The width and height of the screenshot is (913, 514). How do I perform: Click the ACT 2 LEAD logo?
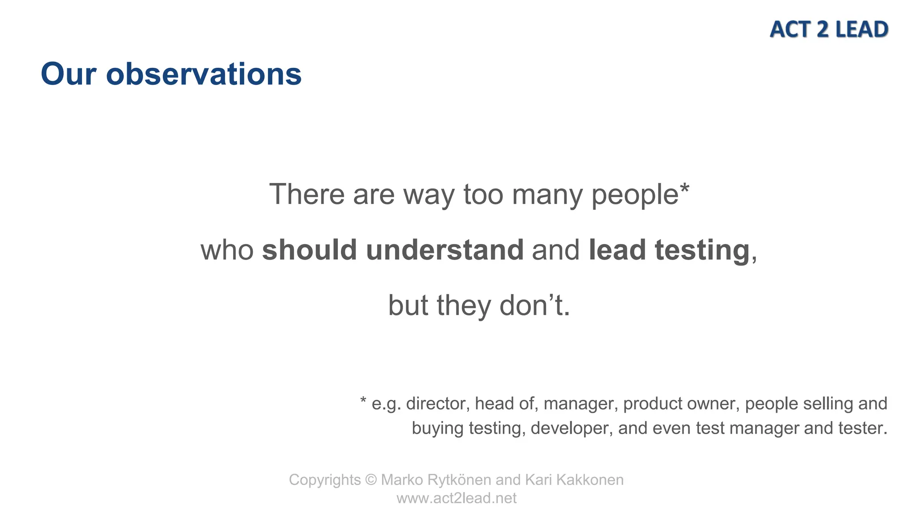829,29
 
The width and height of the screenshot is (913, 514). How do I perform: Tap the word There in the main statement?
307,195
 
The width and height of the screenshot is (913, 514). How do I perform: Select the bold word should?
309,250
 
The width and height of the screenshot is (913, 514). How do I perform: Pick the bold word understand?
444,250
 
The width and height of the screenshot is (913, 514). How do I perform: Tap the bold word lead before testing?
617,250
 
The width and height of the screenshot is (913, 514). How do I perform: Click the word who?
227,250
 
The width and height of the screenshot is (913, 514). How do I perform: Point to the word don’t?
534,306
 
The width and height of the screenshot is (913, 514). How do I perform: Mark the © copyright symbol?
371,480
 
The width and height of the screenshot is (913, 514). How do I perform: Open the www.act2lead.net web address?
456,498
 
